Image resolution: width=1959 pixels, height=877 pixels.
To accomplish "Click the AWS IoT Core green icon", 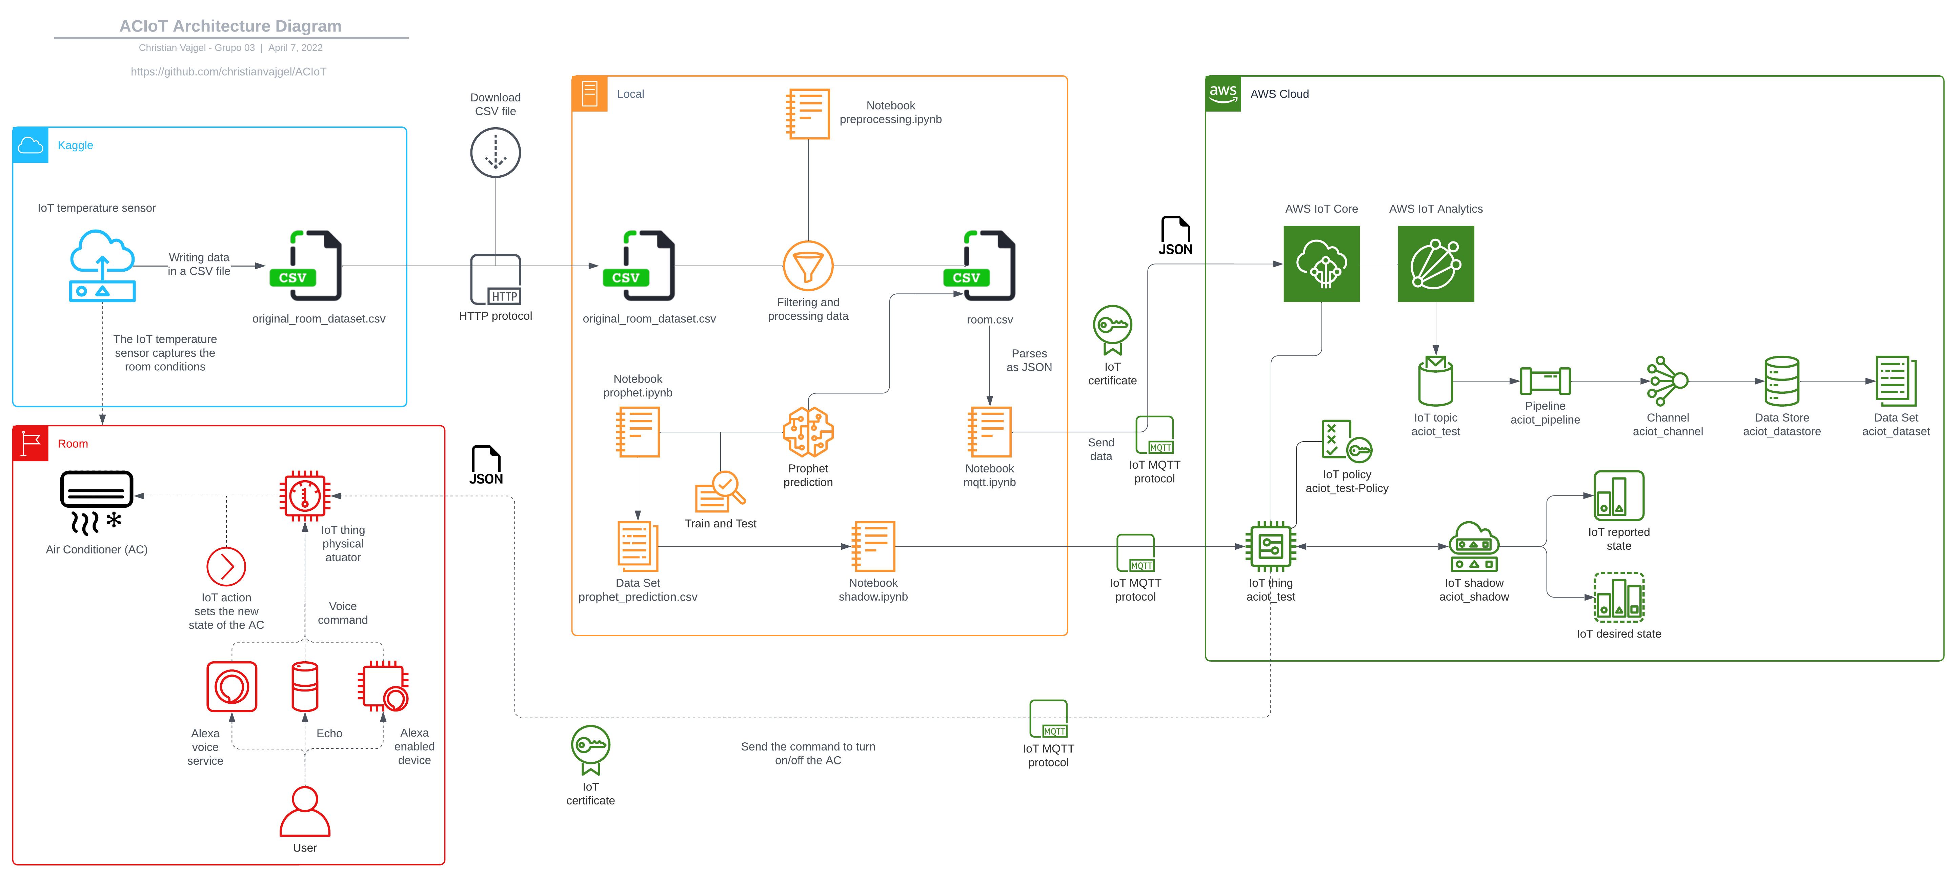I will click(x=1321, y=264).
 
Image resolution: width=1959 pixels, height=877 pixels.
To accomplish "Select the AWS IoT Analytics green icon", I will click(x=1435, y=264).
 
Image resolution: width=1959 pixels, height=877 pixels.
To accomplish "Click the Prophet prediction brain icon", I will click(x=808, y=432).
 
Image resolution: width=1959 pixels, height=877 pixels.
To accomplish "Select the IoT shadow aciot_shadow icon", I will click(x=1473, y=546).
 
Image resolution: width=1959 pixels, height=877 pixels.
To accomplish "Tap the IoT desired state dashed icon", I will click(x=1618, y=597).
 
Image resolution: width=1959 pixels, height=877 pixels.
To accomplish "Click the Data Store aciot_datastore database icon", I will click(x=1781, y=381).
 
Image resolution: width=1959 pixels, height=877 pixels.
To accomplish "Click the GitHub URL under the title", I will click(x=228, y=72).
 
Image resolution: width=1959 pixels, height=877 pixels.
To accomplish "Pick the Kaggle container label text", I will click(x=75, y=145).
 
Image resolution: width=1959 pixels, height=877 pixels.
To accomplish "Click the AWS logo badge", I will click(x=1223, y=94).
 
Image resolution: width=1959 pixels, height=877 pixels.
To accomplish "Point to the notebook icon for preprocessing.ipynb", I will click(x=808, y=114).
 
